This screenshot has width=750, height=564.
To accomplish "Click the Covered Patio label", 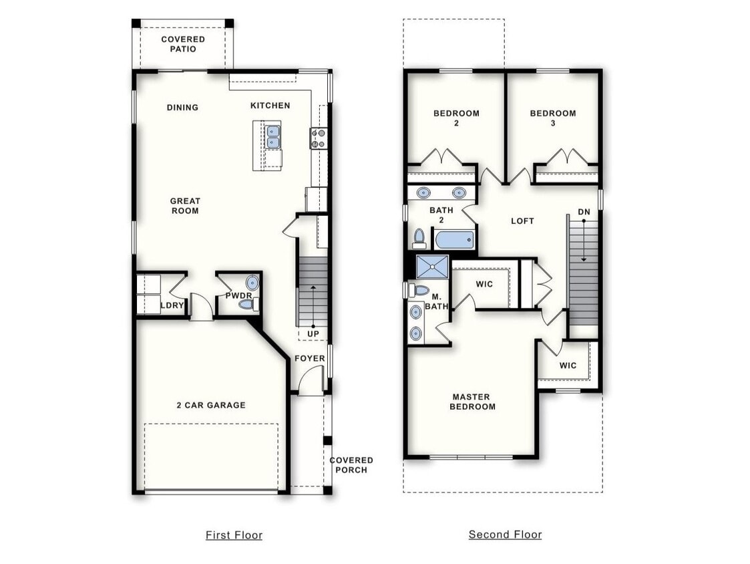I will pyautogui.click(x=183, y=44).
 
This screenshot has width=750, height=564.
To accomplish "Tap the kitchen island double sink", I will pyautogui.click(x=273, y=137).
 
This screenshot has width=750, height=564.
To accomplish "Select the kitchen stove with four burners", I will pyautogui.click(x=318, y=138).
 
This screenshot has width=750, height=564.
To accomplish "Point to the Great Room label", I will pyautogui.click(x=184, y=206).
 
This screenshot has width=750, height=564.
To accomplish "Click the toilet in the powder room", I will pyautogui.click(x=248, y=305).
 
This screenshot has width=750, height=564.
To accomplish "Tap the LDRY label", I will pyautogui.click(x=172, y=306).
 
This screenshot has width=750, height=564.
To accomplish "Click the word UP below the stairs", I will pyautogui.click(x=313, y=333).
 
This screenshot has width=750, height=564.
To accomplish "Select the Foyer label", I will pyautogui.click(x=310, y=358).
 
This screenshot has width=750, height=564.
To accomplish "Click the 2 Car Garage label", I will pyautogui.click(x=211, y=405).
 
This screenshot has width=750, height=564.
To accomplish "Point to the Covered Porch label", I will pyautogui.click(x=351, y=464).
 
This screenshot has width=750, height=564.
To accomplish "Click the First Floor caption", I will pyautogui.click(x=234, y=535).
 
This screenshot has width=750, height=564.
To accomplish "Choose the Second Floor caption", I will pyautogui.click(x=505, y=534).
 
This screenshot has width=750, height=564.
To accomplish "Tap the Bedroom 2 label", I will pyautogui.click(x=456, y=118).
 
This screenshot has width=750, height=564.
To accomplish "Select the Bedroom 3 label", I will pyautogui.click(x=553, y=118).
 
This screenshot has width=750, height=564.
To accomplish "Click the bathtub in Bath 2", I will pyautogui.click(x=453, y=239).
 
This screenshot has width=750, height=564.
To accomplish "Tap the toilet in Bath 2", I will pyautogui.click(x=419, y=237).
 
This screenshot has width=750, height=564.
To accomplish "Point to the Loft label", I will pyautogui.click(x=522, y=221).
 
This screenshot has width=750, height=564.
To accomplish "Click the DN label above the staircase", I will pyautogui.click(x=584, y=212).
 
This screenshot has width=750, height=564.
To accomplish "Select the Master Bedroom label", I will pyautogui.click(x=472, y=402).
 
